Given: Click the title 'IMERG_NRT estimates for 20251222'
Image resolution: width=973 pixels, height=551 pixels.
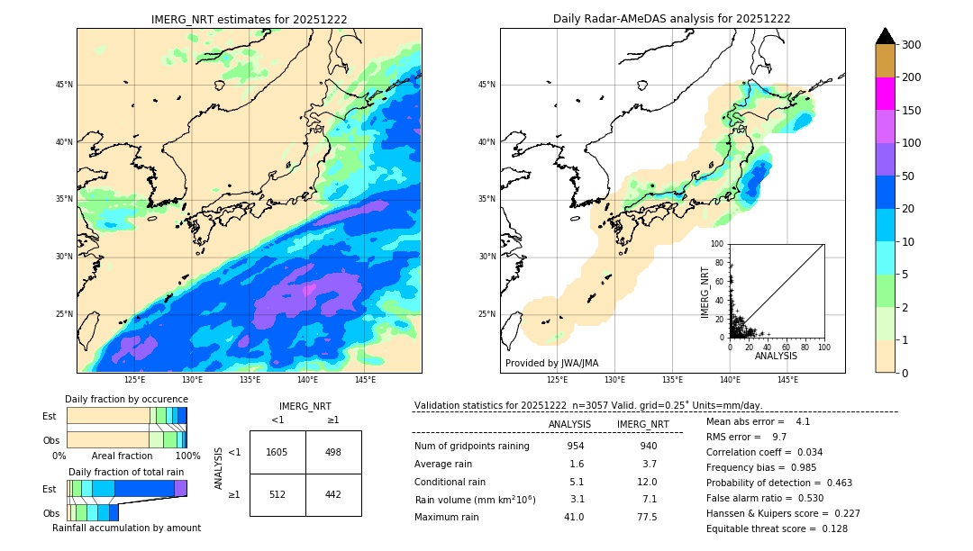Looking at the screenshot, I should [x=249, y=19].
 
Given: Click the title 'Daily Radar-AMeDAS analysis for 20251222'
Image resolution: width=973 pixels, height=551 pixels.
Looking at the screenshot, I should [x=672, y=19].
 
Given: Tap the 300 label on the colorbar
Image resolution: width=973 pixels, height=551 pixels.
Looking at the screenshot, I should [x=912, y=45].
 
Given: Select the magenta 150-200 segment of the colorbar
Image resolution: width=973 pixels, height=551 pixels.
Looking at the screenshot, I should [x=885, y=94].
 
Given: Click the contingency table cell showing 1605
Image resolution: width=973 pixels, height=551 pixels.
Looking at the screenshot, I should [x=277, y=452].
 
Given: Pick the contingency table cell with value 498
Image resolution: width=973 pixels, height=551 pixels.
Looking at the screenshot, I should [x=333, y=452].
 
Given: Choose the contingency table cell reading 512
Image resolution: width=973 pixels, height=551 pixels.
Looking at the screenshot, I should [x=277, y=493].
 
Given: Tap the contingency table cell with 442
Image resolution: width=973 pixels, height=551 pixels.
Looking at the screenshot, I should [x=333, y=493].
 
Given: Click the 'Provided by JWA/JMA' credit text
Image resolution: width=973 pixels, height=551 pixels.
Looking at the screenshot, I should [x=551, y=364].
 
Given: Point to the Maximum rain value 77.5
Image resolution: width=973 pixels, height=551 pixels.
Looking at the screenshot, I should [x=647, y=518].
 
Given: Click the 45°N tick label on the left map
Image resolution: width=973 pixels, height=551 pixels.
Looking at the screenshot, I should [x=64, y=85].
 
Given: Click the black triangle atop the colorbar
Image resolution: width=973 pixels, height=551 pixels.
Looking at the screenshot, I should [x=885, y=36].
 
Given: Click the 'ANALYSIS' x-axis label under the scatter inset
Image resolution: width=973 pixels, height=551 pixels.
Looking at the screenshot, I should [x=776, y=356].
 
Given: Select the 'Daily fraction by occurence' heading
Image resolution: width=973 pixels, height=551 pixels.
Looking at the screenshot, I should [x=126, y=400].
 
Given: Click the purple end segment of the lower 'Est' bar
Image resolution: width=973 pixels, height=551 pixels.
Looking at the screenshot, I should [x=180, y=488].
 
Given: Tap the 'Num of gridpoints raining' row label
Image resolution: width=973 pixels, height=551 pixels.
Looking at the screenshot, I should [x=472, y=447].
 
